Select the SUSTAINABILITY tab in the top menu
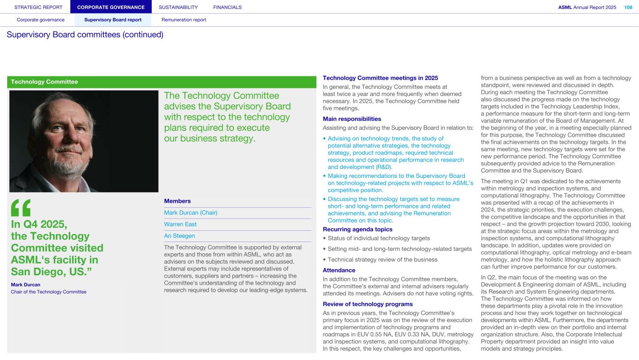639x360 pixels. point(178,7)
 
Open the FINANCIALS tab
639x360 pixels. point(227,7)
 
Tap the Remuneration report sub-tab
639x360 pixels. point(184,20)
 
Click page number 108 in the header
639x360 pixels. point(628,7)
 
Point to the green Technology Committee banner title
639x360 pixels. point(44,82)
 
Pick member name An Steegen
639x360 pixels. point(179,236)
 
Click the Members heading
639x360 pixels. point(177,201)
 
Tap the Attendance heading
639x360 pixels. point(339,270)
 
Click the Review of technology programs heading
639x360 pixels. point(367,304)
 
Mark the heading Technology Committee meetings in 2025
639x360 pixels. point(380,78)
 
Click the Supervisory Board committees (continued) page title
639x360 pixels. point(85,35)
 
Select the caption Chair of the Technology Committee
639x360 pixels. point(49,292)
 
